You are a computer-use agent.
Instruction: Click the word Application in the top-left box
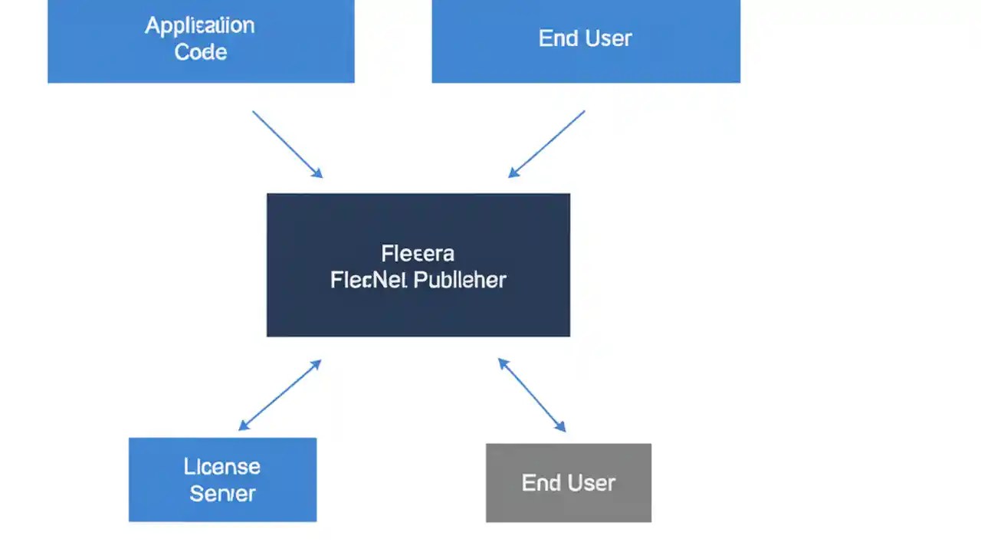coord(200,25)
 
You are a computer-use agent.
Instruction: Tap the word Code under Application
coord(201,52)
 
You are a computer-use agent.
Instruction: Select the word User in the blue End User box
coord(608,38)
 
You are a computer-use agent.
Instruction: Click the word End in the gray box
coord(540,483)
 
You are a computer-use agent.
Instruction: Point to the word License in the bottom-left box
coord(222,466)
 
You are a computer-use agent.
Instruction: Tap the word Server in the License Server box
coord(222,494)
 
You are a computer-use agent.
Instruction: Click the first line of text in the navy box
coord(418,253)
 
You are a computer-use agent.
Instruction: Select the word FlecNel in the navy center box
coord(369,280)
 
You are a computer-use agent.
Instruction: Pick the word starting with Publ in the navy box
coord(461,280)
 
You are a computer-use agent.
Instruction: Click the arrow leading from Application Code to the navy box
coord(287,144)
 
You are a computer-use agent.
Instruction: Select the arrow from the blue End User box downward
coord(546,144)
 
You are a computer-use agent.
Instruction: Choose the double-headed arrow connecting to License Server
coord(280,395)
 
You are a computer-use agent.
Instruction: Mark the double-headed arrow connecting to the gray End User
coord(532,395)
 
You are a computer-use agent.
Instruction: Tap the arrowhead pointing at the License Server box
coord(242,426)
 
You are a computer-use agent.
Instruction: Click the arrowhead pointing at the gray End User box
coord(562,428)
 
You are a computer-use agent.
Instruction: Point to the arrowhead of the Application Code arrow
coord(318,174)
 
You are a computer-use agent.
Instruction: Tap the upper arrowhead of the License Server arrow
coord(317,363)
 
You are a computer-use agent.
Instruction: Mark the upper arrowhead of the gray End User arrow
coord(502,362)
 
